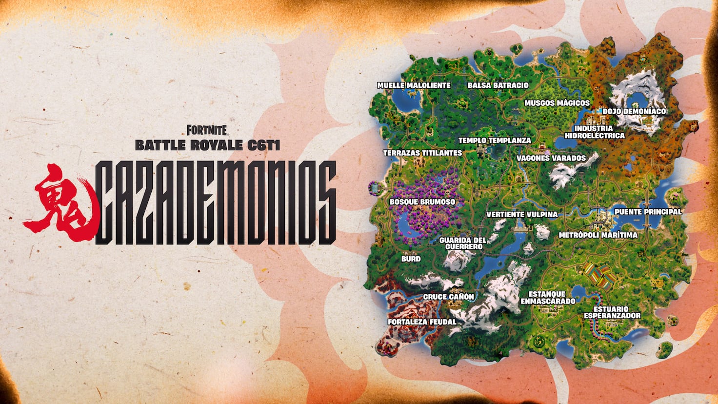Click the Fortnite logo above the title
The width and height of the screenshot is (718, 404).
tap(207, 130)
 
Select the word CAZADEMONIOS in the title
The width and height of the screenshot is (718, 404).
tap(216, 203)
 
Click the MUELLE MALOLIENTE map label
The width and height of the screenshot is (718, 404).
tap(414, 85)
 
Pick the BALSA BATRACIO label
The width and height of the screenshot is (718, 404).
tap(498, 85)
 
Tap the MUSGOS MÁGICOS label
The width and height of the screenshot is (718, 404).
tap(557, 103)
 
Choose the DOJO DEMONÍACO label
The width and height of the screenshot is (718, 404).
tap(634, 111)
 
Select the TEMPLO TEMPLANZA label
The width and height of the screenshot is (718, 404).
tap(495, 141)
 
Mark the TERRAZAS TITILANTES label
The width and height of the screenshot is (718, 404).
tap(422, 153)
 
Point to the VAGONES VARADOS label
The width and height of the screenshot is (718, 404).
tap(551, 158)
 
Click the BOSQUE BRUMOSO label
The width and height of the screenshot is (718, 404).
tap(422, 202)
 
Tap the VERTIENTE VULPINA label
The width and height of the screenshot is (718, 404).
tap(522, 214)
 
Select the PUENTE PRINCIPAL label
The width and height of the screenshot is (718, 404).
tap(648, 212)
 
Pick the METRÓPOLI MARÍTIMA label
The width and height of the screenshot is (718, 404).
tap(598, 235)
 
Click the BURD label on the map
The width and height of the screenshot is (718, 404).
tap(411, 259)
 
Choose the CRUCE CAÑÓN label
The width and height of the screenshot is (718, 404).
tap(448, 297)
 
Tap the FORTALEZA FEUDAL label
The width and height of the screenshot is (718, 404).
tap(422, 322)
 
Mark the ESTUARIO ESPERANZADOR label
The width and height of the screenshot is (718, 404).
tap(612, 312)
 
